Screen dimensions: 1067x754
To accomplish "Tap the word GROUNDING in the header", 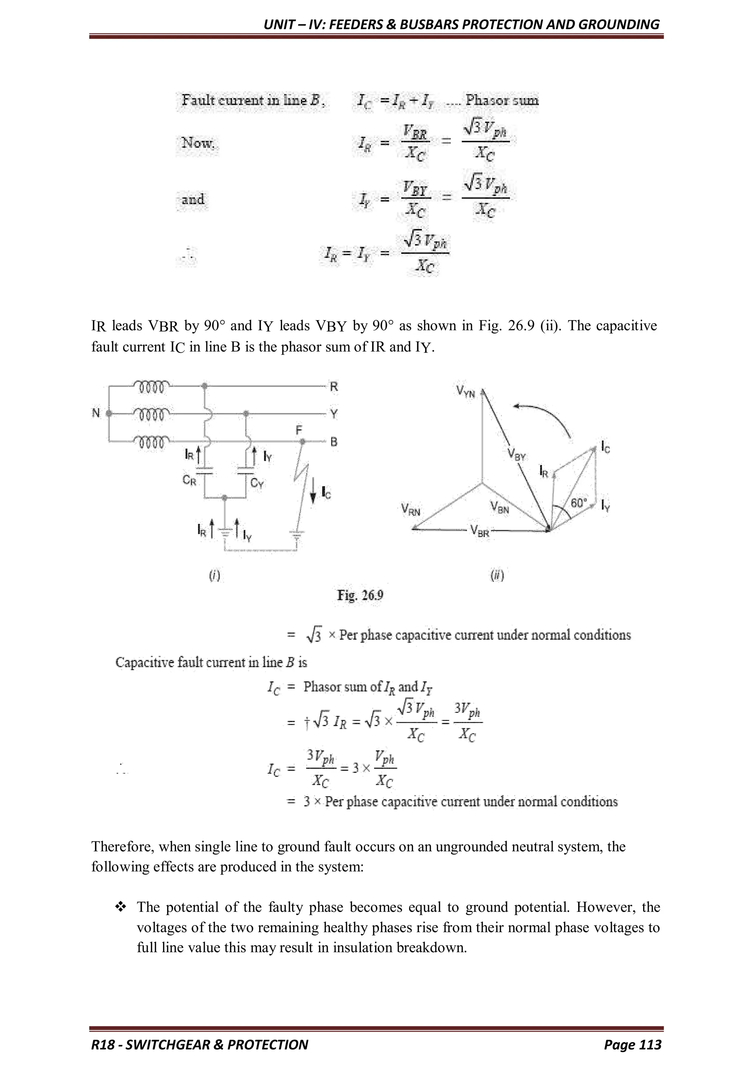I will [x=619, y=24].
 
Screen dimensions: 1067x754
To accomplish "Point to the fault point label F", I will [x=299, y=431].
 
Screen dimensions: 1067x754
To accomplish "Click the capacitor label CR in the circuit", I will [x=189, y=481].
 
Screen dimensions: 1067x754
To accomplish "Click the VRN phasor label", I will [x=411, y=511].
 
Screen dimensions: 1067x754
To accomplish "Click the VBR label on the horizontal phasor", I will [x=480, y=530].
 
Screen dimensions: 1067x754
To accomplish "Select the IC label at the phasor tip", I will [x=605, y=447].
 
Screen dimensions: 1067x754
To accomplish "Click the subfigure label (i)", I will [x=214, y=576].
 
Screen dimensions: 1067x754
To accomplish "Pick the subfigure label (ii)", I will [x=497, y=576].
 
